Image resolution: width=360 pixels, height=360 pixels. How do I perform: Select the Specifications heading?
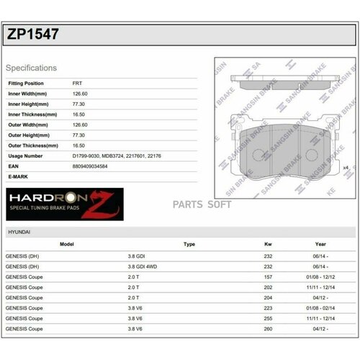coord(31,68)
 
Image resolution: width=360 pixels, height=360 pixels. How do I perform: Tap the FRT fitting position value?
coord(78,84)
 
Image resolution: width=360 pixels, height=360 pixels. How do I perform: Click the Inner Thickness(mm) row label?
coord(32,114)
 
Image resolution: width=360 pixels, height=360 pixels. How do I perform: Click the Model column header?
coord(67,245)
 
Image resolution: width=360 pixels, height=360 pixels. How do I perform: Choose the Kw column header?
coord(268,245)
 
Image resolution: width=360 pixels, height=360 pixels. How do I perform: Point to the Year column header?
coord(320,245)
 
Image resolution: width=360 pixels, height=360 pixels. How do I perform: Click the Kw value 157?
coord(268,276)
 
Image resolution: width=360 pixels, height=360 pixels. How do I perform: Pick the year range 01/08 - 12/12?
coord(320,276)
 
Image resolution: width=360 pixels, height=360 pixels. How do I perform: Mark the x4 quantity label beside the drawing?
coord(346,168)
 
